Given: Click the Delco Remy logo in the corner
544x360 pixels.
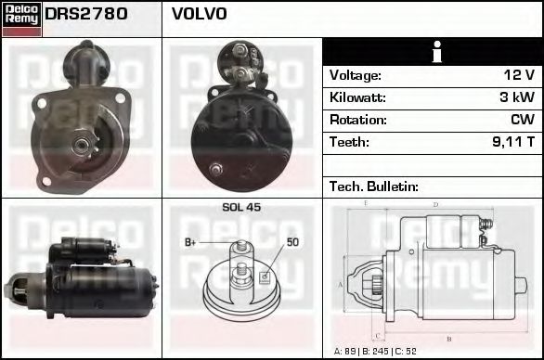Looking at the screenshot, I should (21, 19).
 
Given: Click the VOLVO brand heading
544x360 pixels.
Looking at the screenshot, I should (200, 15).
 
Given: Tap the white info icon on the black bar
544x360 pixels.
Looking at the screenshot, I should (434, 52).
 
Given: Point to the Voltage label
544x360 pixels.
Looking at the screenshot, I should (356, 75).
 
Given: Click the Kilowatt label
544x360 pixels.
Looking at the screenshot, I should (357, 97).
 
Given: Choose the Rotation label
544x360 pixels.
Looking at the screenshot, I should (356, 120).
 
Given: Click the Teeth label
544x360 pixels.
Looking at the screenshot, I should (349, 142).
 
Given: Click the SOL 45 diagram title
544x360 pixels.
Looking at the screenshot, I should (241, 207).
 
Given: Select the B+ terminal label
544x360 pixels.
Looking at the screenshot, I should (191, 243).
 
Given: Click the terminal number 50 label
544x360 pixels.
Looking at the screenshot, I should (291, 243).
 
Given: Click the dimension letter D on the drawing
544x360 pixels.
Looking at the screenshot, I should (435, 204).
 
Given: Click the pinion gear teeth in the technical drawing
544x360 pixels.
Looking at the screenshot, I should (377, 284).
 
